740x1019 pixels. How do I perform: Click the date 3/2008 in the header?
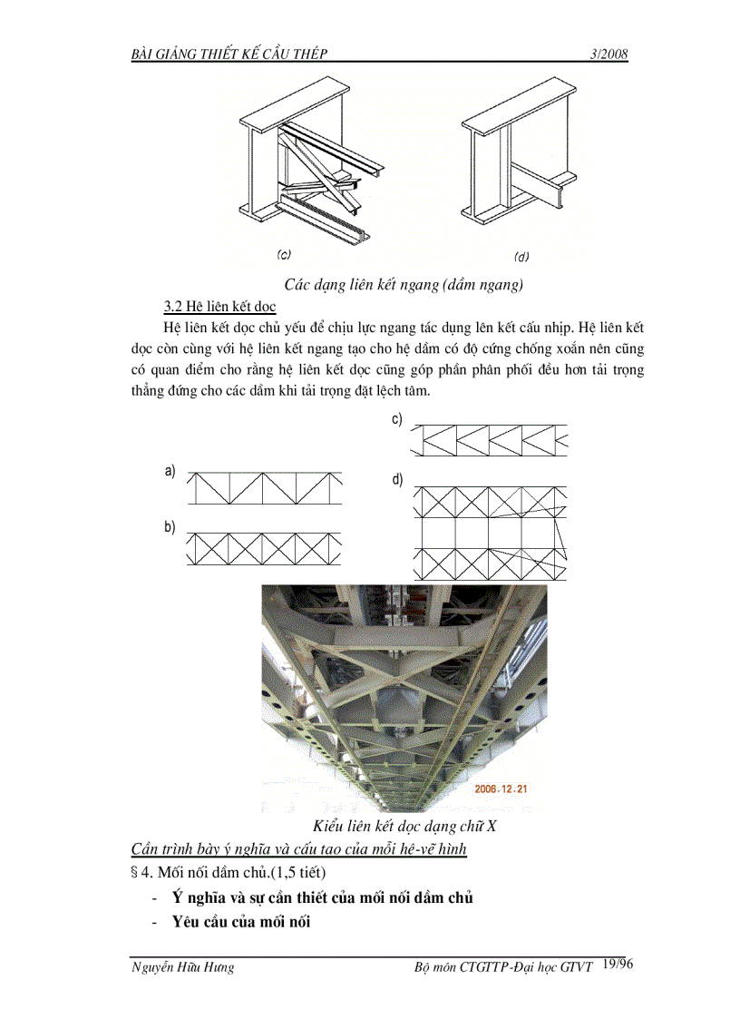(609, 54)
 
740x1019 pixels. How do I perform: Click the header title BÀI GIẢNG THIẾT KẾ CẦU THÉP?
(229, 54)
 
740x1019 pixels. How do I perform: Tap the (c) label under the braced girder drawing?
(284, 255)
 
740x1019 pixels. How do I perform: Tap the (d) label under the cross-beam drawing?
(521, 256)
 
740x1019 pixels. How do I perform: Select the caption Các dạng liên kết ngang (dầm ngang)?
(404, 284)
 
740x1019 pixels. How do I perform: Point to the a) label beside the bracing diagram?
(170, 470)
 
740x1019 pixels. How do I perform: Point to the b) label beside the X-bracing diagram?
(170, 527)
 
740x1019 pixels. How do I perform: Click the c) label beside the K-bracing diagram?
(396, 419)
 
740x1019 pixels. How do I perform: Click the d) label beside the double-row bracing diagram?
(396, 479)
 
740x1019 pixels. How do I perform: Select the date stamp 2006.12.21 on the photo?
(501, 789)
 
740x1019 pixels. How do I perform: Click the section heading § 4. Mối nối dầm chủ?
(229, 872)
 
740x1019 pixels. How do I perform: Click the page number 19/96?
(617, 965)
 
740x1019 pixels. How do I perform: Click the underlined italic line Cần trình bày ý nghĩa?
(298, 849)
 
